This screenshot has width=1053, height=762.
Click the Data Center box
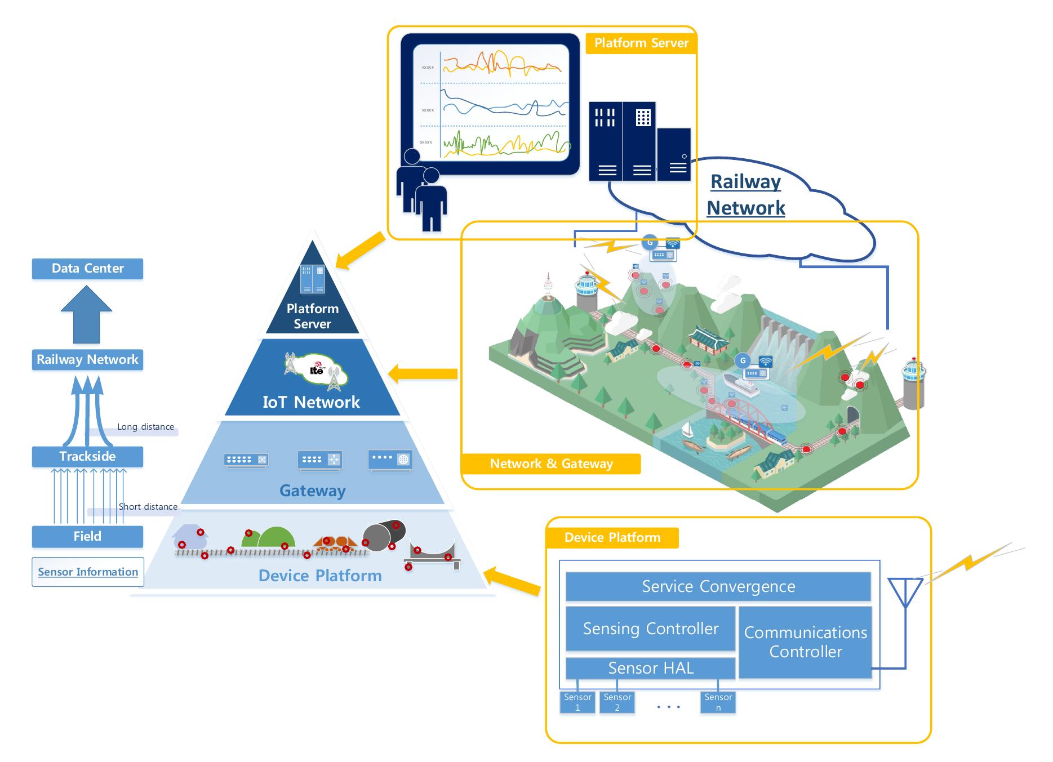pos(87,269)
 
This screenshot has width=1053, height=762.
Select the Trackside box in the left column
pos(87,456)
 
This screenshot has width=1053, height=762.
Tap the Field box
pos(87,536)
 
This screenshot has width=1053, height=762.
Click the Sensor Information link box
pos(88,572)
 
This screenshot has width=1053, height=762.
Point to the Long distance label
pos(145,427)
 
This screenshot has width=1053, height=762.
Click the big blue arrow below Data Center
pos(87,315)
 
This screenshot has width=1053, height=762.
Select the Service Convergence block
pos(718,586)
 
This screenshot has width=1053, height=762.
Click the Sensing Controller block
pos(650,629)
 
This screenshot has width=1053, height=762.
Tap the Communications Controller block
pos(805,642)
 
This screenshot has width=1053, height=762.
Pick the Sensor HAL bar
pos(650,668)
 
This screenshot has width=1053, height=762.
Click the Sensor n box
pos(718,702)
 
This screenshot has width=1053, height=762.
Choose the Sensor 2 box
pos(617,702)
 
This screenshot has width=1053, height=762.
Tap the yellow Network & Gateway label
pos(551,464)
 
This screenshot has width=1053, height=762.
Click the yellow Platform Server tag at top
pos(641,43)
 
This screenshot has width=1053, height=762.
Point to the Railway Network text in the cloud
pos(745,194)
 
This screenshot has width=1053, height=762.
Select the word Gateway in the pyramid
pos(312,491)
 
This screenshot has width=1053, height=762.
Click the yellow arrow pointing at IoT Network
pos(423,373)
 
